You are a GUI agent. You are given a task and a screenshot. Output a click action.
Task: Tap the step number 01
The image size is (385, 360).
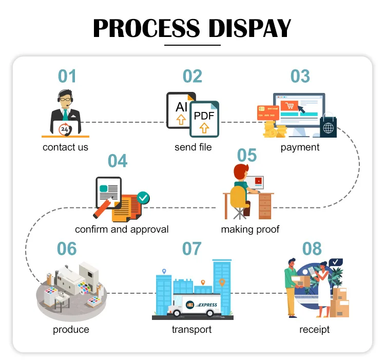(67, 76)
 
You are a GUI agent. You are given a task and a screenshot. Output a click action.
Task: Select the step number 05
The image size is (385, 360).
(246, 155)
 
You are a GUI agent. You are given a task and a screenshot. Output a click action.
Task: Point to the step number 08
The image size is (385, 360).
(312, 249)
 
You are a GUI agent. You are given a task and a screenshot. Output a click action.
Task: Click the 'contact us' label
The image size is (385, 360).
(65, 147)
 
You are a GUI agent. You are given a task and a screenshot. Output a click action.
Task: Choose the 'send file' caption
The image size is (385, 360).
(193, 147)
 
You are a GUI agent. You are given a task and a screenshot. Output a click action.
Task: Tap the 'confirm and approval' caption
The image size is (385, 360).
(122, 229)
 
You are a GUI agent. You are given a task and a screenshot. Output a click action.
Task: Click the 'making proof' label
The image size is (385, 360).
(250, 229)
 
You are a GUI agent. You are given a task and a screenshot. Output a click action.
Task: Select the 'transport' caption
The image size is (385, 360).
(191, 329)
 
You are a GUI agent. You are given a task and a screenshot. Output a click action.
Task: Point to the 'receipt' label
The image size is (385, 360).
(314, 329)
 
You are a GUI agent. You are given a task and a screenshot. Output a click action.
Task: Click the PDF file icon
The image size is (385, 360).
(204, 119)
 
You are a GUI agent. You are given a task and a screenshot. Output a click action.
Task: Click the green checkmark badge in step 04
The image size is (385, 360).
(143, 197)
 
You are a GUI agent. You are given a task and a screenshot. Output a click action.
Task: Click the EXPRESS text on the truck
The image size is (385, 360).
(206, 305)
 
